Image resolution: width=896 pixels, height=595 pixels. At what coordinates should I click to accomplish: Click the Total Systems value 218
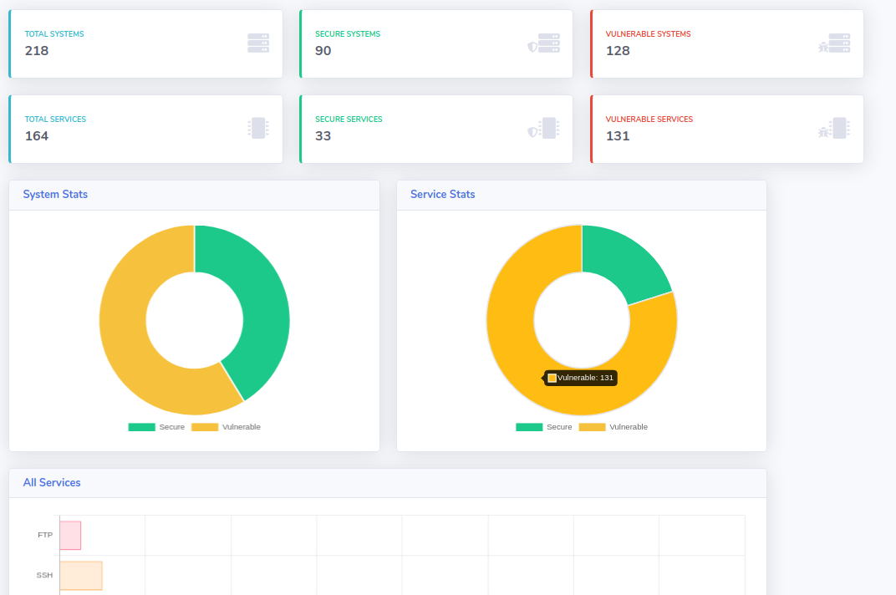pyautogui.click(x=37, y=51)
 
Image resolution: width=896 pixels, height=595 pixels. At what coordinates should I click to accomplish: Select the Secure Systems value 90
pyautogui.click(x=323, y=51)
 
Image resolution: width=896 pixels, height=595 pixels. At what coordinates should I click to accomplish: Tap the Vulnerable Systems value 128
pyautogui.click(x=618, y=51)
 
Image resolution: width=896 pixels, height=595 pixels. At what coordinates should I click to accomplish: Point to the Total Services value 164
pyautogui.click(x=37, y=136)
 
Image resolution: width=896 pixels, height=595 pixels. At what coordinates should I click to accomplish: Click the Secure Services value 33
pyautogui.click(x=323, y=136)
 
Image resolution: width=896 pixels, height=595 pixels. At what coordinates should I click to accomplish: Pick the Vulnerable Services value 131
pyautogui.click(x=618, y=136)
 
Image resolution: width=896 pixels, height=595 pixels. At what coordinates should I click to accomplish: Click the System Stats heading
pyautogui.click(x=55, y=195)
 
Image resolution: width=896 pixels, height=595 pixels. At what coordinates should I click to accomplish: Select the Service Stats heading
pyautogui.click(x=443, y=195)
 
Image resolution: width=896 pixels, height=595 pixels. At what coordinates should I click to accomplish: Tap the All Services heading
pyautogui.click(x=52, y=482)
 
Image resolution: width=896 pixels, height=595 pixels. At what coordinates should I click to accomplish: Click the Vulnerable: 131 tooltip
pyautogui.click(x=580, y=378)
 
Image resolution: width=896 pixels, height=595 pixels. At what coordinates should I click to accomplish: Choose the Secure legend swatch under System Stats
pyautogui.click(x=142, y=427)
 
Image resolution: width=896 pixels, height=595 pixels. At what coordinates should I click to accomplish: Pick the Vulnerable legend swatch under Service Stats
pyautogui.click(x=592, y=427)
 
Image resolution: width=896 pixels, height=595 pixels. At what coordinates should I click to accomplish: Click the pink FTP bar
pyautogui.click(x=70, y=536)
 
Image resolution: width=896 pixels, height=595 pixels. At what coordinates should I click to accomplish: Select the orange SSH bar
pyautogui.click(x=81, y=576)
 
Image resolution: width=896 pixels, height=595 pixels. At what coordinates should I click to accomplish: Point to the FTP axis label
pyautogui.click(x=45, y=535)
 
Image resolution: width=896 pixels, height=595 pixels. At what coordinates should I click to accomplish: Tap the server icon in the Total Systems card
pyautogui.click(x=258, y=43)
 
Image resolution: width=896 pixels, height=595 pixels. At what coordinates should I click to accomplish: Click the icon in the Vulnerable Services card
pyautogui.click(x=834, y=128)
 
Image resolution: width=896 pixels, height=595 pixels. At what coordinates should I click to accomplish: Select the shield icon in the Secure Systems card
pyautogui.click(x=532, y=47)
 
